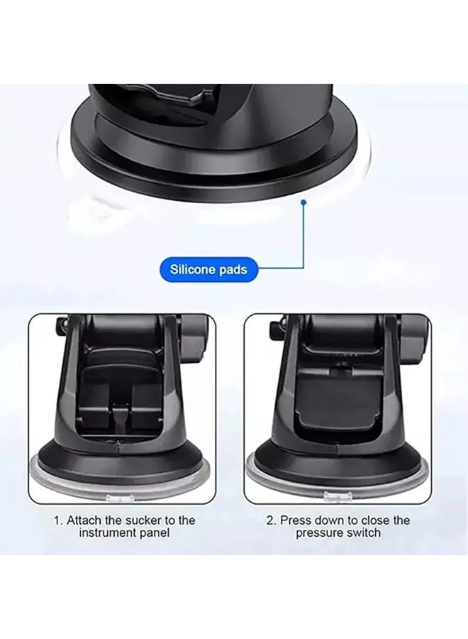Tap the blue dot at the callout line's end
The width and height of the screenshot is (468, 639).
pos(304,202)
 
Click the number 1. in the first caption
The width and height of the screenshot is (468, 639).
pos(59,520)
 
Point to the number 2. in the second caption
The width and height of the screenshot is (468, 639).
pos(271,520)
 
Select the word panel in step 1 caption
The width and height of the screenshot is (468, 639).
pos(154,533)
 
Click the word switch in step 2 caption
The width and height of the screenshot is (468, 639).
pos(363,533)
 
